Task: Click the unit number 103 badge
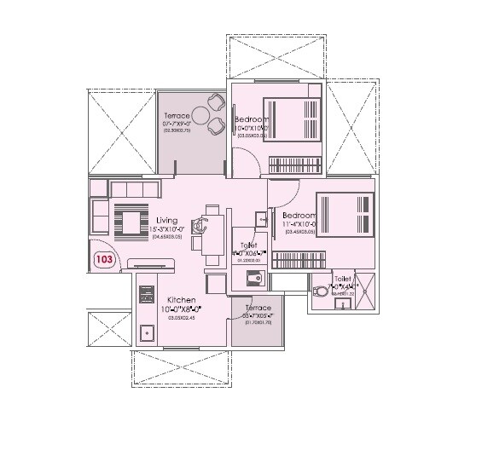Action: click(104, 260)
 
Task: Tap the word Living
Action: click(166, 220)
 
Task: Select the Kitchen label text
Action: click(182, 301)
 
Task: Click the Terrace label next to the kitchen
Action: click(258, 308)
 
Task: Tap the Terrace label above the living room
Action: click(178, 116)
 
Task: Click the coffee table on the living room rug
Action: click(131, 222)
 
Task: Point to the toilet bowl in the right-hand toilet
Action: click(321, 290)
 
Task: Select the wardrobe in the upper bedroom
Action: click(294, 165)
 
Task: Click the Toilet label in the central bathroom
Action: click(248, 245)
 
